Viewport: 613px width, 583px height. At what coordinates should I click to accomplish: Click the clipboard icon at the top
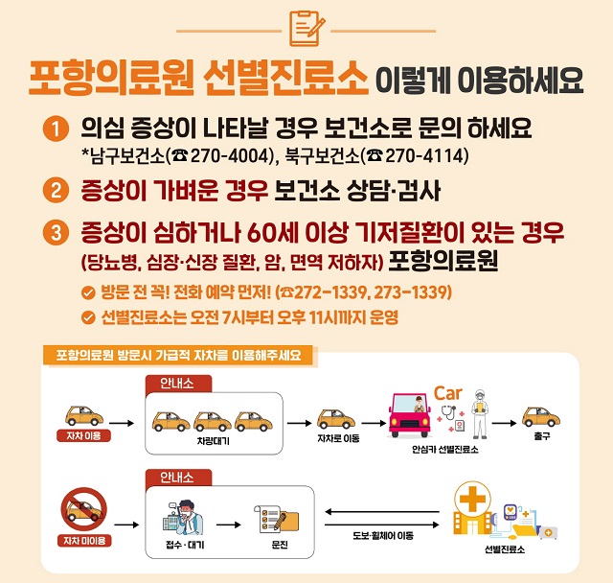click(x=306, y=29)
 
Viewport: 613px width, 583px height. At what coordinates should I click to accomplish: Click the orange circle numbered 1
click(x=57, y=128)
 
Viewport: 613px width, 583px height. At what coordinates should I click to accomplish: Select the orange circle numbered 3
click(x=57, y=233)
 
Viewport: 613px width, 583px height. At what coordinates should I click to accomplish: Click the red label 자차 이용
click(x=84, y=435)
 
